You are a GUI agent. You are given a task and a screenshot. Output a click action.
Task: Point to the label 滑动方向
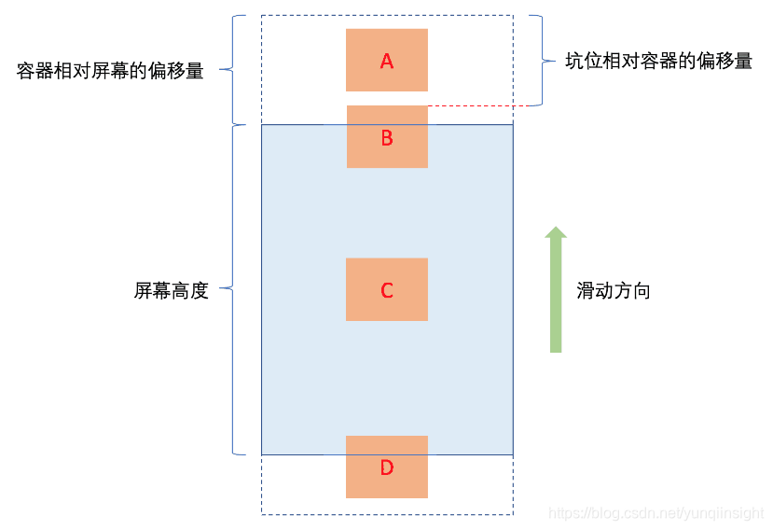click(613, 291)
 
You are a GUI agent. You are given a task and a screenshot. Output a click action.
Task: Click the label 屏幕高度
click(171, 291)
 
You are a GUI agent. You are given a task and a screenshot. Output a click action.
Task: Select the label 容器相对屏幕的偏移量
click(110, 71)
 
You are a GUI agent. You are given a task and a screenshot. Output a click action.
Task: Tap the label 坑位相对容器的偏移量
click(658, 62)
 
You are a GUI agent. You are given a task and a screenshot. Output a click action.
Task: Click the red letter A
click(387, 62)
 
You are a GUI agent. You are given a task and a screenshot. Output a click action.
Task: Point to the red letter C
click(387, 291)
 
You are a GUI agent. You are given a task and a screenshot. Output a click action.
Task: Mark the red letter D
click(387, 467)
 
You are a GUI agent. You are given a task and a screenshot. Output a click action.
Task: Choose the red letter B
click(387, 138)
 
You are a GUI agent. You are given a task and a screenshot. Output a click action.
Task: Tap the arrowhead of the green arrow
click(556, 234)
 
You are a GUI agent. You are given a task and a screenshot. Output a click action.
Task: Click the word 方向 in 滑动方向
click(631, 291)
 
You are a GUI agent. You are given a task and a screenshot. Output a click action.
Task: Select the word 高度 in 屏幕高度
click(189, 291)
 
